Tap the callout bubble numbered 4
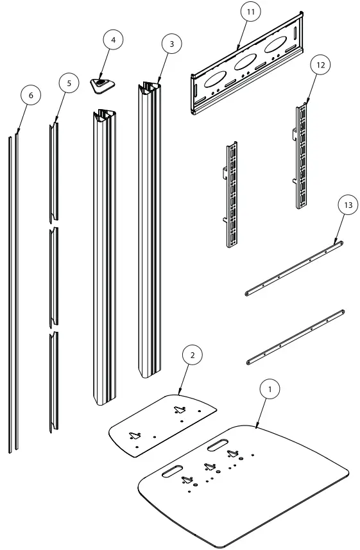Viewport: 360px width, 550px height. pos(114,40)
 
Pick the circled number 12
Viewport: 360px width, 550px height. pos(321,65)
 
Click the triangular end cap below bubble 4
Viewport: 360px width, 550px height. pos(100,83)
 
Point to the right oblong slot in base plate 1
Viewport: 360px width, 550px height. pos(219,444)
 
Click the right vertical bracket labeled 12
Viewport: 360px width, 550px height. pos(302,157)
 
